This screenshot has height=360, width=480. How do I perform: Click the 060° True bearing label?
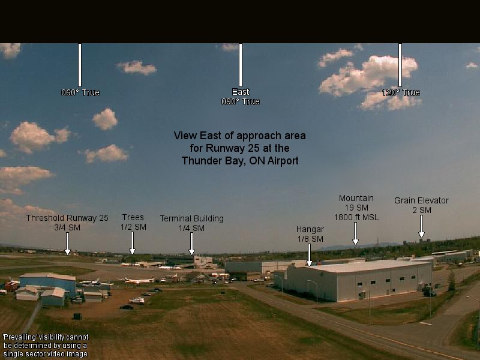pos(80,92)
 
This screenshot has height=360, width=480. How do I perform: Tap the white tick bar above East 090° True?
pos(241,65)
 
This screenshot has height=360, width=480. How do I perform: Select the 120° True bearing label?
pos(401,92)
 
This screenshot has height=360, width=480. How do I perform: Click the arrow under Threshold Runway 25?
pos(67,244)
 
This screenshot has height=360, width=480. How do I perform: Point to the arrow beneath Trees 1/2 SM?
pos(132,243)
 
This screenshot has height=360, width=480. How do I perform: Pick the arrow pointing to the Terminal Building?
pos(191,244)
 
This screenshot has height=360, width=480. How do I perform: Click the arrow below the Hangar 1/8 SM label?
pos(309,255)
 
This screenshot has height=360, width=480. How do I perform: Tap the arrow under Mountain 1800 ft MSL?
pos(355,233)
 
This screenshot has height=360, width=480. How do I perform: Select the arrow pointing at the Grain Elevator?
pos(422,226)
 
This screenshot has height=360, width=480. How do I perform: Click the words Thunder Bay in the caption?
pos(214,161)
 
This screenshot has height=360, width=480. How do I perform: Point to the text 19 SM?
pos(356,208)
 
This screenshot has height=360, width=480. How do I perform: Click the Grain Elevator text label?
pos(422,200)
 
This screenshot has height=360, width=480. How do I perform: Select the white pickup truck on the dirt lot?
pos(137,301)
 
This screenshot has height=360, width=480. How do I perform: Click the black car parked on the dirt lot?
pos(127,307)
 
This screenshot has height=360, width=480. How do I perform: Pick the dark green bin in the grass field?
pos(77,316)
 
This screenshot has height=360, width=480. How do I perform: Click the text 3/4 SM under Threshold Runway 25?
pos(67,227)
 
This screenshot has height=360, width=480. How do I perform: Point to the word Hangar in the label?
pos(310,229)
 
